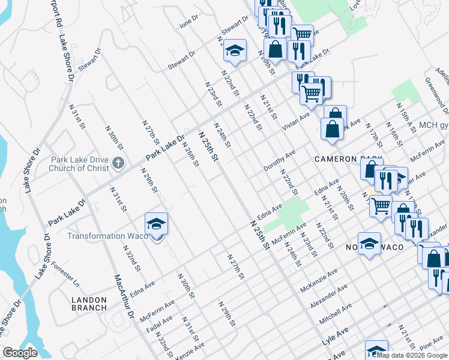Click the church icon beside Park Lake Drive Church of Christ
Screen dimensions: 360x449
point(119,163)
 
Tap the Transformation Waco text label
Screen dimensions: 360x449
point(107,236)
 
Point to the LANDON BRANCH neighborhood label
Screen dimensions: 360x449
point(89,304)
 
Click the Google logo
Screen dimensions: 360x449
point(20,353)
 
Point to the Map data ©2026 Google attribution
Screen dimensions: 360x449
point(412,355)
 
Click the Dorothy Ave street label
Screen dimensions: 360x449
point(280,161)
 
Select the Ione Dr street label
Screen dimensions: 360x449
point(189,23)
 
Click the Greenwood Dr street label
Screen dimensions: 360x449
point(436,95)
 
